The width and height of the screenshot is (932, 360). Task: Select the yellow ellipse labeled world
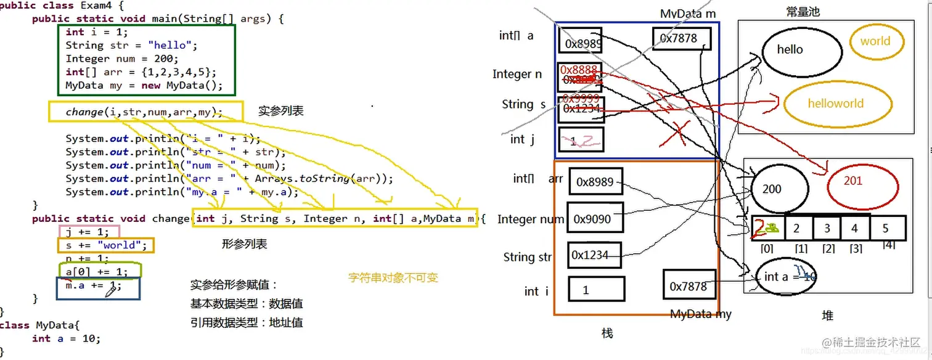coord(875,42)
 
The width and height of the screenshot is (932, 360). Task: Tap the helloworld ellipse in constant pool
coord(835,104)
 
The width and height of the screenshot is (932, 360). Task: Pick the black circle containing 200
coord(779,189)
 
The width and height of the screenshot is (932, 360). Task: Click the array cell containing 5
coord(886,229)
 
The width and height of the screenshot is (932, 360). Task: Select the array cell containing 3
coord(827,228)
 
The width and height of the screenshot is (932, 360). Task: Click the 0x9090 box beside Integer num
coord(595,219)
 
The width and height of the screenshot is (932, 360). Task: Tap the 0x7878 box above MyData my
coord(689,287)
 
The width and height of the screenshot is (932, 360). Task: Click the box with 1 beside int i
coord(595,289)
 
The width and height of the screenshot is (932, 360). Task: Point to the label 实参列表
coord(281,112)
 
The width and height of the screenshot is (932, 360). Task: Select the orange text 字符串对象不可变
coord(393,278)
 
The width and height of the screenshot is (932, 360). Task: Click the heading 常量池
coord(803,12)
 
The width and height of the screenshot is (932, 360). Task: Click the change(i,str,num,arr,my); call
coord(144,112)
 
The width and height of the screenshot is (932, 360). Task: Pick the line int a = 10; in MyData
coord(66,338)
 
